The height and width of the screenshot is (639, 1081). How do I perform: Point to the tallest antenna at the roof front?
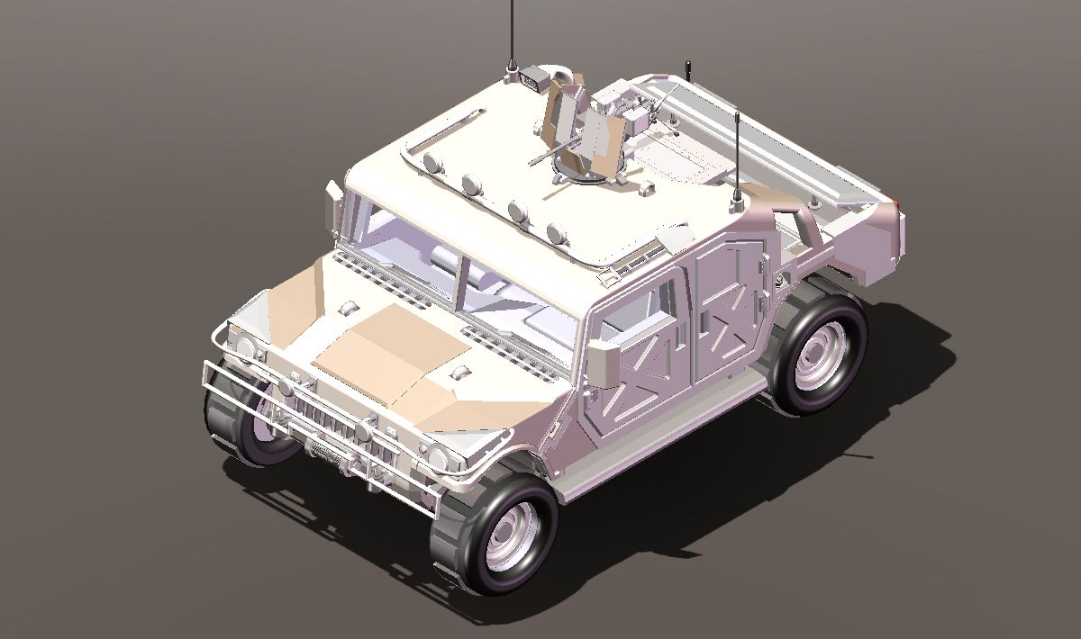click(512, 36)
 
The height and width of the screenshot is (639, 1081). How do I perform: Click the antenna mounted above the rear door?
click(737, 157)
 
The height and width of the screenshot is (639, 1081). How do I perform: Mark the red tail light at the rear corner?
click(895, 200)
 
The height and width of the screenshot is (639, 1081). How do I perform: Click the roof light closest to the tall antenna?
click(432, 163)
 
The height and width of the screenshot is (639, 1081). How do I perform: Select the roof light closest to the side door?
click(558, 233)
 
